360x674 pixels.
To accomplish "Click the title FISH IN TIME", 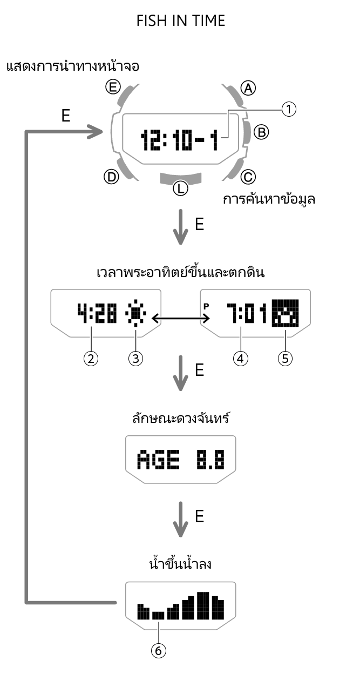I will click(180, 21).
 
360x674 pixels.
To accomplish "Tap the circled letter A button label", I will click(248, 88).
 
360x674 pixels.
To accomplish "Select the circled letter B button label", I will click(261, 131).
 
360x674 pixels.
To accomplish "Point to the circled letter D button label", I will click(111, 177).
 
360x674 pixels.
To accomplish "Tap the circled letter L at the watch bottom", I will click(180, 188).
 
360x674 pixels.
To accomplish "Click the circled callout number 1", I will click(289, 110).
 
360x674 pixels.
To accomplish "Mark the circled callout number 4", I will click(240, 359).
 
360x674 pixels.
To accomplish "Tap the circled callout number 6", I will click(158, 651).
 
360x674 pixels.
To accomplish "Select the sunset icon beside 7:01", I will click(285, 314).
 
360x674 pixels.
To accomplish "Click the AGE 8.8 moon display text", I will click(180, 460).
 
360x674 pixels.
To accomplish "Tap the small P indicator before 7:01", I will click(206, 306).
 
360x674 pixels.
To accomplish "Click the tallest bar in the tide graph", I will click(203, 606).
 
